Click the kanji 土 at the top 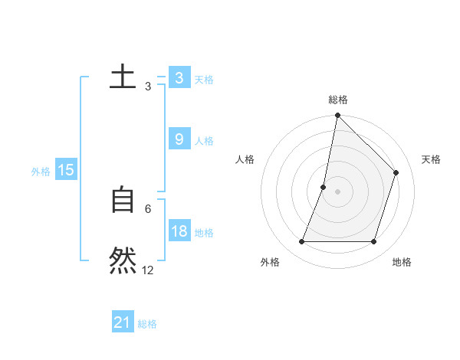(123, 77)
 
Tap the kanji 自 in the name (123, 200)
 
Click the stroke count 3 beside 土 (148, 87)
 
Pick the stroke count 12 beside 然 (148, 270)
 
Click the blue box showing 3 (179, 78)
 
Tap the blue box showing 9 (179, 139)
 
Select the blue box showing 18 (179, 231)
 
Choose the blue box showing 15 (66, 170)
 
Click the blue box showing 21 (122, 322)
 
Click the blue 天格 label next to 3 (204, 80)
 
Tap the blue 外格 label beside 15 (41, 172)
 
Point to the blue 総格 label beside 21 (147, 324)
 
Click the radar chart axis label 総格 (337, 100)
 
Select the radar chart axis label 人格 (245, 159)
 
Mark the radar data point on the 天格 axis (396, 172)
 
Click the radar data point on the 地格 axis (374, 242)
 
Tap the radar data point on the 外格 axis (301, 242)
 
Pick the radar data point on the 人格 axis (324, 187)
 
